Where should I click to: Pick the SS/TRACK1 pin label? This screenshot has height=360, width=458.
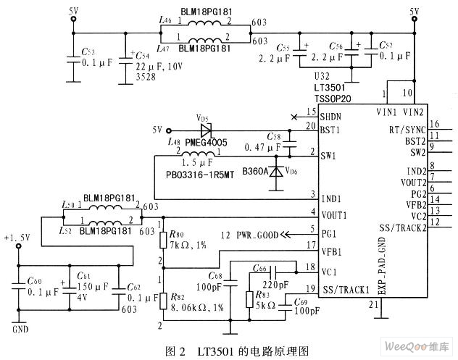pos(346,290)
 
